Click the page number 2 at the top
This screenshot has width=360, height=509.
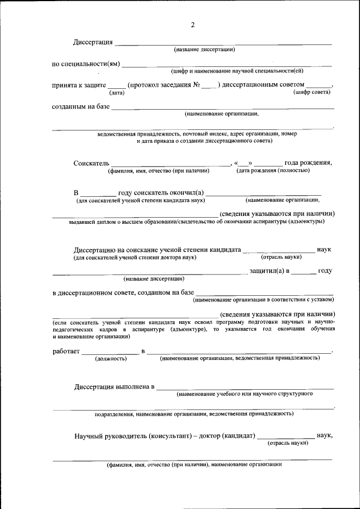[193, 25]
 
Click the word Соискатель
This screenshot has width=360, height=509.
[91, 163]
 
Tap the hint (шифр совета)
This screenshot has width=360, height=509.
[312, 92]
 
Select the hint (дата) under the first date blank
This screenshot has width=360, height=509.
[116, 92]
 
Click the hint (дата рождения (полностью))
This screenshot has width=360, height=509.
[273, 170]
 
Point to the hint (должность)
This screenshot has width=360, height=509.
[110, 358]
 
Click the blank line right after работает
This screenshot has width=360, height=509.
[110, 353]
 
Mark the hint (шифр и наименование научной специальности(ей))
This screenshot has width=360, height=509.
[237, 71]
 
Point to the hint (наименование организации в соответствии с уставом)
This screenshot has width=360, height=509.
[263, 299]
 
